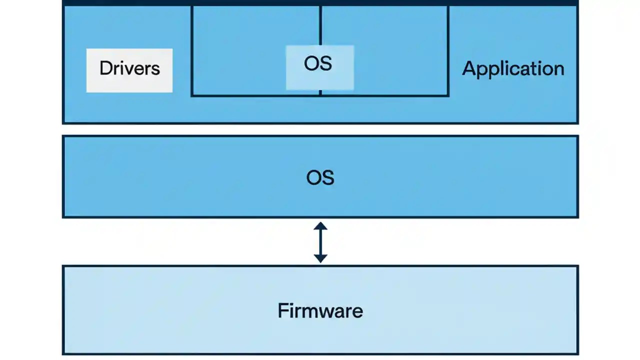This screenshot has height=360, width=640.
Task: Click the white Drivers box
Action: (129, 70)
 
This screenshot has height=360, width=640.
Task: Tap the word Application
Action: (513, 68)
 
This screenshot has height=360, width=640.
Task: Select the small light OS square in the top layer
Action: (319, 67)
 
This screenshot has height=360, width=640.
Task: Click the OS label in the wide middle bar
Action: (320, 177)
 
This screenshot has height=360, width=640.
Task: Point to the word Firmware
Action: (320, 310)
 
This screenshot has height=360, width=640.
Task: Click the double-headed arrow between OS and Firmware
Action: (320, 242)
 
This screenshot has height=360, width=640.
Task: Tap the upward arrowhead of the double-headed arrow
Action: (320, 226)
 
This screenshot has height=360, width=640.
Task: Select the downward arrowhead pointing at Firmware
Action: (320, 258)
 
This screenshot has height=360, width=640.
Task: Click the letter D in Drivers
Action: (105, 68)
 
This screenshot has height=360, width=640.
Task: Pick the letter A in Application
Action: (469, 68)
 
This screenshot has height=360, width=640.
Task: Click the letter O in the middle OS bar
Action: (313, 177)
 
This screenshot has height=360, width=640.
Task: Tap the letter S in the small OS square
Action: (326, 64)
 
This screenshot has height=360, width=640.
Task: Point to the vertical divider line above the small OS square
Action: (320, 25)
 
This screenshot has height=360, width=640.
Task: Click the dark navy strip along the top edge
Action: (320, 2)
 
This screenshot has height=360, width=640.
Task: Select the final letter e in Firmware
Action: (357, 311)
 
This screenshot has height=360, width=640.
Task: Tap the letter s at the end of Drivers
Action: (156, 68)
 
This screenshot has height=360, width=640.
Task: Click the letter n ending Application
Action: (558, 68)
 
